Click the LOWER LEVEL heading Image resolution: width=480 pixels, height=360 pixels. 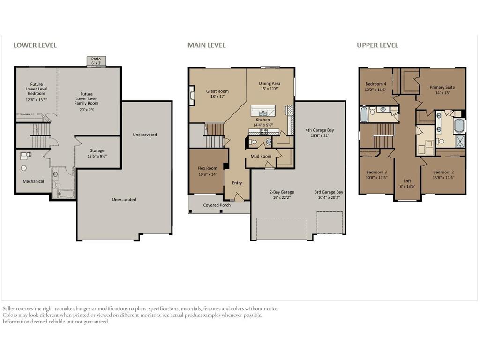[35, 45]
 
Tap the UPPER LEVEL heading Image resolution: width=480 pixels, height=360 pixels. [377, 45]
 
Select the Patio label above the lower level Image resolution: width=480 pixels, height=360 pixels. [96, 59]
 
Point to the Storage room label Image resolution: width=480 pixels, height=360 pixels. [97, 150]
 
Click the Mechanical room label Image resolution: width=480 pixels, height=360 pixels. [33, 181]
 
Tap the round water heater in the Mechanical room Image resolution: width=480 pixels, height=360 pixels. [23, 168]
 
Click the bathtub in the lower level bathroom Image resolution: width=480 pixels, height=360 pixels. [63, 194]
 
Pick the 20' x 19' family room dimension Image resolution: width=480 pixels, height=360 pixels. [87, 109]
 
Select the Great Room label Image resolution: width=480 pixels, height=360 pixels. [217, 91]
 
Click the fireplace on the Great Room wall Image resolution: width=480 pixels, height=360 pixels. [192, 96]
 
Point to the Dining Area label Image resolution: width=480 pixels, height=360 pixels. [270, 83]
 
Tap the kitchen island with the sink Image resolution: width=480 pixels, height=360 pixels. [263, 111]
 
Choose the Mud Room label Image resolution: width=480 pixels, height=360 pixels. [261, 156]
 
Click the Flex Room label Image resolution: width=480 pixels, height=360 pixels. [207, 168]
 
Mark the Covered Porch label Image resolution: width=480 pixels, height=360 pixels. [217, 205]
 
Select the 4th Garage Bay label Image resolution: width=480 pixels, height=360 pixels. [320, 130]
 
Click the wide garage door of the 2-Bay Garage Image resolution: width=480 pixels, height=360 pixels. [282, 229]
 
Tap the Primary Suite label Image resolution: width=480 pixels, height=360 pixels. [442, 87]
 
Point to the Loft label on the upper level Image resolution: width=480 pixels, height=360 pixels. [407, 181]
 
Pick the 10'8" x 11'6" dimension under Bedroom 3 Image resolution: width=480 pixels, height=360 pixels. [376, 178]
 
